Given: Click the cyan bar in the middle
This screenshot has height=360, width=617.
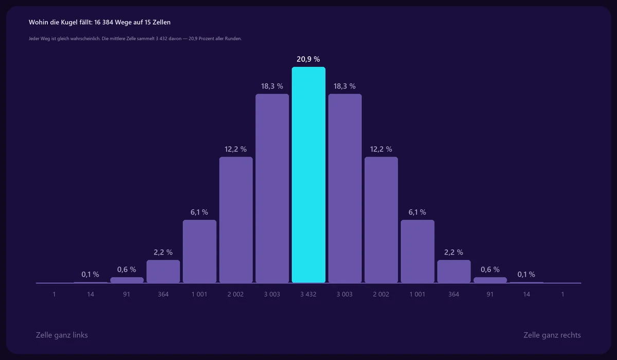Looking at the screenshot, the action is coord(308,175).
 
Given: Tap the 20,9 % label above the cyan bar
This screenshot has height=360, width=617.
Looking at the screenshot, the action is coord(308,59).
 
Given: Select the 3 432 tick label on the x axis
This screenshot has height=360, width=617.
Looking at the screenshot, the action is coord(308,294).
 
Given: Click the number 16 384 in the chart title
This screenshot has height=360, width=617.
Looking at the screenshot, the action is coord(103,22).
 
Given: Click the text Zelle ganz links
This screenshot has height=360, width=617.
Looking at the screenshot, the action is coord(62,335).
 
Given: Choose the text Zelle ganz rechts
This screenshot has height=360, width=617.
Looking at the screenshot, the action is coord(552,335).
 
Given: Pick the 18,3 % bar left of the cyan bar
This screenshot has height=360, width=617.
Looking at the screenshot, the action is coord(272,188).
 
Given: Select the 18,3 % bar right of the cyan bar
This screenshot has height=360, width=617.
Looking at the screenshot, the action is coord(345,188).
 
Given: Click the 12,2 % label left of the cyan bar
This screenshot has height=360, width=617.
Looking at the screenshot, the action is coord(235,149).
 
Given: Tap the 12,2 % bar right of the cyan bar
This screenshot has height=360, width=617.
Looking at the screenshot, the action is coord(381,220).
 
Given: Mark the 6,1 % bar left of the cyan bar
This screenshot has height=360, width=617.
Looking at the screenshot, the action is coord(199,251).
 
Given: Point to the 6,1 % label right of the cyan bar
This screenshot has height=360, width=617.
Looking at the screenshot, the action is coord(418,212).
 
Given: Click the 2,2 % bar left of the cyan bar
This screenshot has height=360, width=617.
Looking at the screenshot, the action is coord(163,272).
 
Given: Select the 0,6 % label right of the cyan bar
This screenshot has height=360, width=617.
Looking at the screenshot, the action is coord(490,269).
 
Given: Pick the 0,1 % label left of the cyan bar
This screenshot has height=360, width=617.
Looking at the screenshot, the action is coord(90,274).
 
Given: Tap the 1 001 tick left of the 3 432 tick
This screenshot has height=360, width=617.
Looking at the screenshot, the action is coord(199,294).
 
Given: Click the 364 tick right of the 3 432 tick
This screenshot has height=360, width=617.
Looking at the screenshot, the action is coord(453,294).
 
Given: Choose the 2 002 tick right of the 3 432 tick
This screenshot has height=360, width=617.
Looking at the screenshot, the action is coord(381,294).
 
